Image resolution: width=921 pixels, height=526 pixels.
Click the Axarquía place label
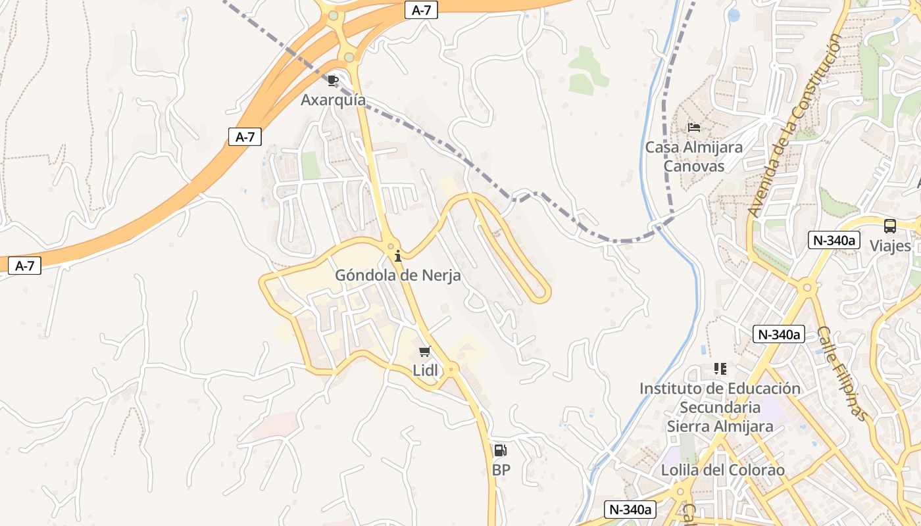coord(333,100)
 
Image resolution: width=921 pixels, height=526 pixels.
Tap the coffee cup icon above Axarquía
coord(333,80)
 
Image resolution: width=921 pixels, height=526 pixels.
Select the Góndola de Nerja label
coord(398,275)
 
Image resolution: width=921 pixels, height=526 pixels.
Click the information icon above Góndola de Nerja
coord(397,256)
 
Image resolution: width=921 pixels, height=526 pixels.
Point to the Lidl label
coord(425,370)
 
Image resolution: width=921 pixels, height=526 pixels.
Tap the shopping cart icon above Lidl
coord(424,352)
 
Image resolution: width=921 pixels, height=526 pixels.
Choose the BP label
coord(501,470)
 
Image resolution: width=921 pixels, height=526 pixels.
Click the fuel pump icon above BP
coord(500,451)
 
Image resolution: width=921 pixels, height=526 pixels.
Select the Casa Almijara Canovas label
coord(693,156)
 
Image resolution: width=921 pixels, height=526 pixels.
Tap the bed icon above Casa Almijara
coord(694,127)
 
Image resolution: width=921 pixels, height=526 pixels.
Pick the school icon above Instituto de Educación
coord(720,369)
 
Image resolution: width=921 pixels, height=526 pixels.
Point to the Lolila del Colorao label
coord(722,470)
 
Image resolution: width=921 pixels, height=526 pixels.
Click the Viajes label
coord(890,246)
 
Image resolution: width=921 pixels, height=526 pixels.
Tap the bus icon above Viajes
coord(890,226)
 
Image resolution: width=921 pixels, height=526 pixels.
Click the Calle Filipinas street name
coord(843,373)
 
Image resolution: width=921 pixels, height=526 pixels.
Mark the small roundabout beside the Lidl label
coord(451,370)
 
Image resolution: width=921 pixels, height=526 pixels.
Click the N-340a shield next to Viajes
coord(834,240)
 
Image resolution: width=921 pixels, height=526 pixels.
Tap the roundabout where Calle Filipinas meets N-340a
coord(807,288)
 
